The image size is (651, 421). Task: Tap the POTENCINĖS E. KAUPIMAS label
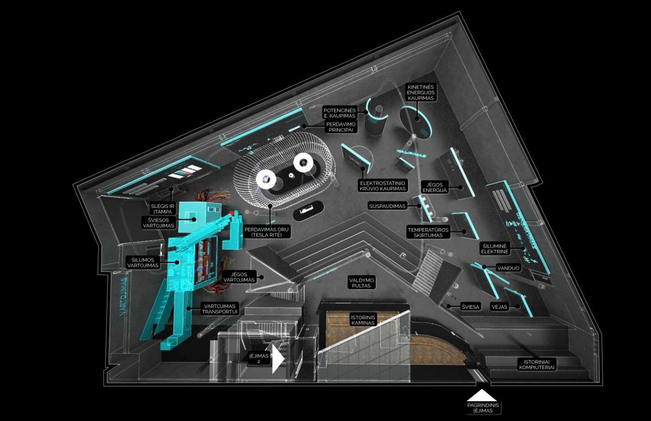point(339,113)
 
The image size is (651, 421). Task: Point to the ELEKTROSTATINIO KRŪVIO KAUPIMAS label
point(383,186)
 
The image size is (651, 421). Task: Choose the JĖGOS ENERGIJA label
point(435,187)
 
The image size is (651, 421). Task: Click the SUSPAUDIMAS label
point(387,206)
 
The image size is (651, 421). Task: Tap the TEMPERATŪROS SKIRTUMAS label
point(428,232)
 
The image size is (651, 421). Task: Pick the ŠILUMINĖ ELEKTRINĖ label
point(495,248)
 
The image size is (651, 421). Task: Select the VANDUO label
point(508,268)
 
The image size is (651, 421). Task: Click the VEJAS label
point(499,307)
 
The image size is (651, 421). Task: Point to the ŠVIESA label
point(471,307)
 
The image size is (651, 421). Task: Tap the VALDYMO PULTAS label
point(361,283)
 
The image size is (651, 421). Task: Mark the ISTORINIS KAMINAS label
point(363,320)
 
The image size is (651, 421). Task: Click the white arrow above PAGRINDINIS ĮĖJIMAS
point(482,395)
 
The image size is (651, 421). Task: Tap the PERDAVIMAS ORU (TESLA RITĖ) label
point(267,232)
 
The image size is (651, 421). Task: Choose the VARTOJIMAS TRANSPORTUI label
point(219,309)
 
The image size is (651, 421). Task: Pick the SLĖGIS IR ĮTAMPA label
point(162,209)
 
